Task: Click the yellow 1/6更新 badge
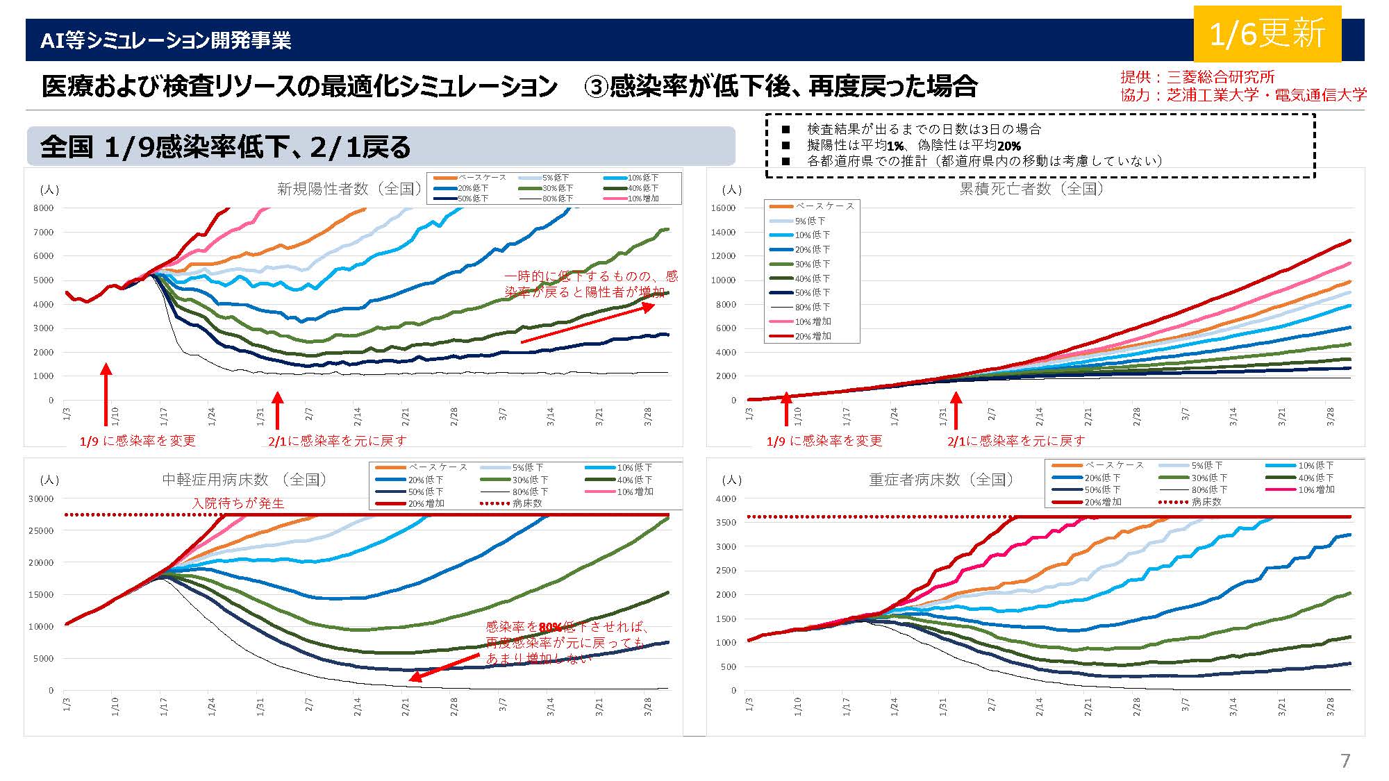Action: tap(1267, 34)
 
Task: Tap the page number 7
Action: tap(1345, 761)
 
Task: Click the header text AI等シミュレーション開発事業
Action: tap(165, 40)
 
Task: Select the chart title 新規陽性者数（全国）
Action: tap(349, 189)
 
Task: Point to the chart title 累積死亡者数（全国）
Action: tap(1031, 189)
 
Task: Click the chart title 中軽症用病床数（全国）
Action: tap(244, 480)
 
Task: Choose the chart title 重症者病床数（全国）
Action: tap(940, 480)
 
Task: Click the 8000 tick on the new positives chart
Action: tap(43, 208)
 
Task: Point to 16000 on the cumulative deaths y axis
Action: tap(723, 208)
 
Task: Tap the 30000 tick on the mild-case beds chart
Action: tap(40, 499)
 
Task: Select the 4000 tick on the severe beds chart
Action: tap(726, 499)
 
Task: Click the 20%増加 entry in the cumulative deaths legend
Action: tap(813, 336)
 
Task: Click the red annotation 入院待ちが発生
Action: tap(238, 503)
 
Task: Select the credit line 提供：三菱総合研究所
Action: tap(1197, 77)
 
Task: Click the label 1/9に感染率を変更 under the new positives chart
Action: tap(138, 441)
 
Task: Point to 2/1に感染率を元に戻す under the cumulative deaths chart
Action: tap(1015, 441)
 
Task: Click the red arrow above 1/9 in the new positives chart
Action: tap(106, 392)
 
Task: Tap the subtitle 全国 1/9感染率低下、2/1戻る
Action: tap(226, 147)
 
